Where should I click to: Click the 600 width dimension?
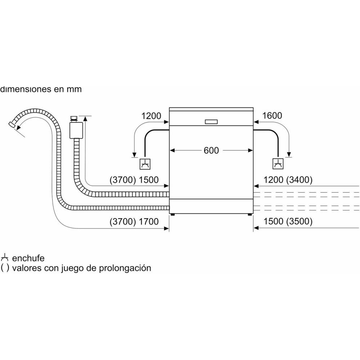[x=211, y=150]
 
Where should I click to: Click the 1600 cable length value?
[x=272, y=116]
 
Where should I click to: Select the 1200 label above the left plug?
[x=151, y=116]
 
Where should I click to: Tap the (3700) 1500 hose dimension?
[x=134, y=180]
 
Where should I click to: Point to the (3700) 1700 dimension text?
[x=134, y=222]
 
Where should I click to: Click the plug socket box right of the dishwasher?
[x=278, y=164]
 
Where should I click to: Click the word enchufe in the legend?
[x=28, y=258]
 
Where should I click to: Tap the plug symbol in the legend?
[x=5, y=258]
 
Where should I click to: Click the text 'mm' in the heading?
[x=74, y=89]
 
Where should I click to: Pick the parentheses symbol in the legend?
[x=5, y=269]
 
